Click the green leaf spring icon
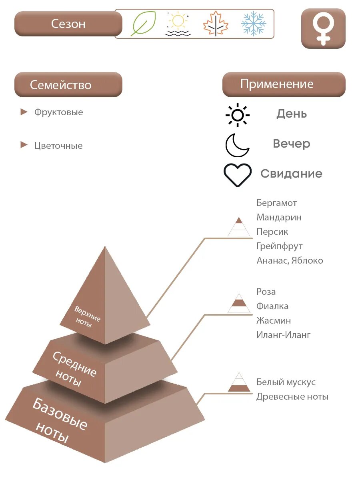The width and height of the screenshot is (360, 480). [x=143, y=24]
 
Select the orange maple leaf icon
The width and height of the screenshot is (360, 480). [x=216, y=24]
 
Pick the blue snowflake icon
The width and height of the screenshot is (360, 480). [x=254, y=24]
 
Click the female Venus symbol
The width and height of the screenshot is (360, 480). [x=323, y=28]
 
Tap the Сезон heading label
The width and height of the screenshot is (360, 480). [x=68, y=24]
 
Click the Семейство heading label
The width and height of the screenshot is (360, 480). [x=61, y=85]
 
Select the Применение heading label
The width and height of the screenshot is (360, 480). [x=277, y=84]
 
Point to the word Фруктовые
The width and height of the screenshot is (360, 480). [x=59, y=112]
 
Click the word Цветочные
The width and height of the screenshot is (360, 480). [x=58, y=146]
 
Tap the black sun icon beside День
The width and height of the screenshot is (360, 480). [x=238, y=115]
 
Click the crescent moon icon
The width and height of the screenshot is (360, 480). [x=237, y=145]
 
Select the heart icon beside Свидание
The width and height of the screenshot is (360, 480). [x=238, y=175]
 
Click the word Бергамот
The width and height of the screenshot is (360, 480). [x=277, y=203]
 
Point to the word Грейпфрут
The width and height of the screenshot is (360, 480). [x=280, y=246]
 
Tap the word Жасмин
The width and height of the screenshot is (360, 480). [x=274, y=320]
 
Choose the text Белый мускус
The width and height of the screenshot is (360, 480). [x=286, y=382]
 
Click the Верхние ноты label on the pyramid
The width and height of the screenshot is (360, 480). [x=87, y=316]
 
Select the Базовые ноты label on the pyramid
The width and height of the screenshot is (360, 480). [x=60, y=420]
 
